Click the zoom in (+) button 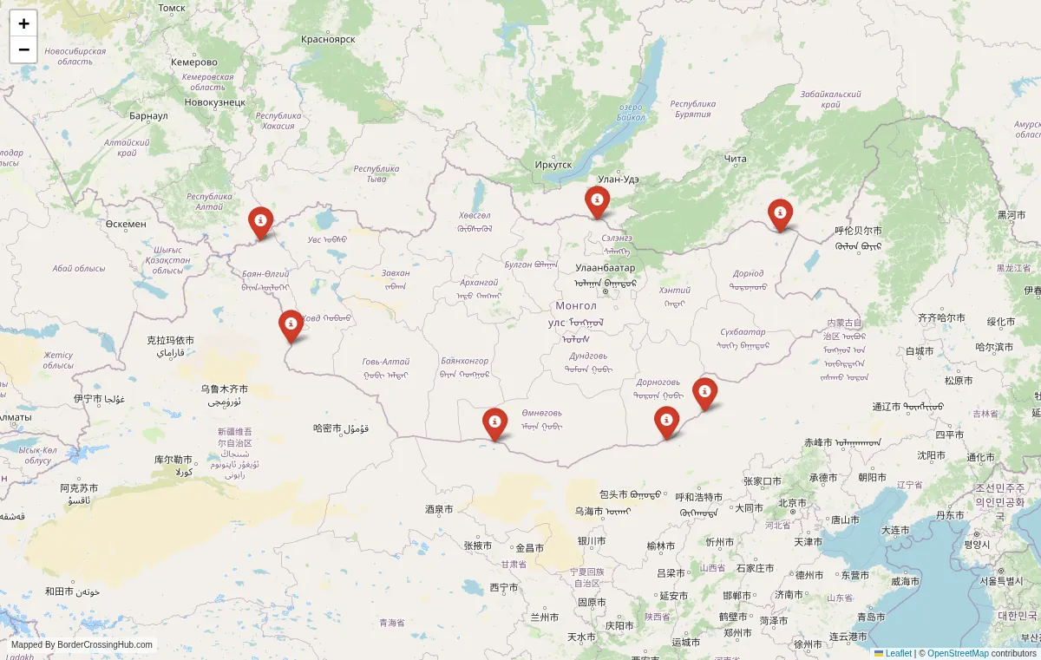pos(23,23)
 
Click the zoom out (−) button pos(23,49)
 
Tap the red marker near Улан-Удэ pos(597,201)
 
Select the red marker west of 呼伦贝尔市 pos(780,213)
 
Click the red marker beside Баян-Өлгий pos(260,221)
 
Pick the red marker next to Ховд pos(291,324)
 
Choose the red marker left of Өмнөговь pos(494,422)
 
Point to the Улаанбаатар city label pos(605,268)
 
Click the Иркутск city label pos(553,165)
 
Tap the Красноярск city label pos(328,39)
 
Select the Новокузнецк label pos(215,102)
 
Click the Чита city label pos(735,158)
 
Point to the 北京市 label pos(792,503)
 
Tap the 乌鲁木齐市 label pos(224,389)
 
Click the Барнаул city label pos(148,115)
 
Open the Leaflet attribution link pos(898,653)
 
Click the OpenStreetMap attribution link pos(958,653)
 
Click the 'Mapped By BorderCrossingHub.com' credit pos(82,644)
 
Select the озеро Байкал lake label pos(632,112)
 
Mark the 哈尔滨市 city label pos(994,347)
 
